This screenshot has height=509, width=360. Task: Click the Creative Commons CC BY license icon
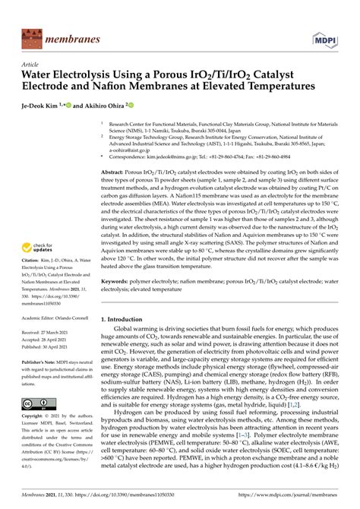(x=33, y=403)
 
